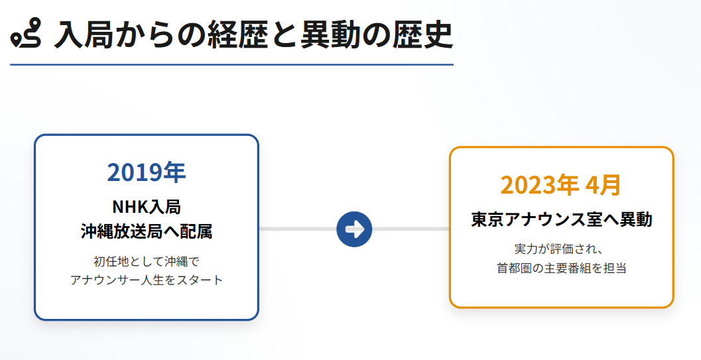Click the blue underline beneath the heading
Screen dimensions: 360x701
231,65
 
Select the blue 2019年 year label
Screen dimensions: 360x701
146,172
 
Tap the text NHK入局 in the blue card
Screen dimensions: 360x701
146,207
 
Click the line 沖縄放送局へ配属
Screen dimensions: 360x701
146,231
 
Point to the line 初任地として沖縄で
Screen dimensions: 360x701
146,261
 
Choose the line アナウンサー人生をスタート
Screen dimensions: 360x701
146,280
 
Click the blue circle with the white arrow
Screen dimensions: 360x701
354,229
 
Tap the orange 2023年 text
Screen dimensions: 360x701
539,185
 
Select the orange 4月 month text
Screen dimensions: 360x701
603,185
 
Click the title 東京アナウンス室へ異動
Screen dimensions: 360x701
561,219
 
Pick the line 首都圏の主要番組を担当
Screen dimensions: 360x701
561,269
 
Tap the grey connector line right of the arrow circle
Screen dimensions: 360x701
411,229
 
